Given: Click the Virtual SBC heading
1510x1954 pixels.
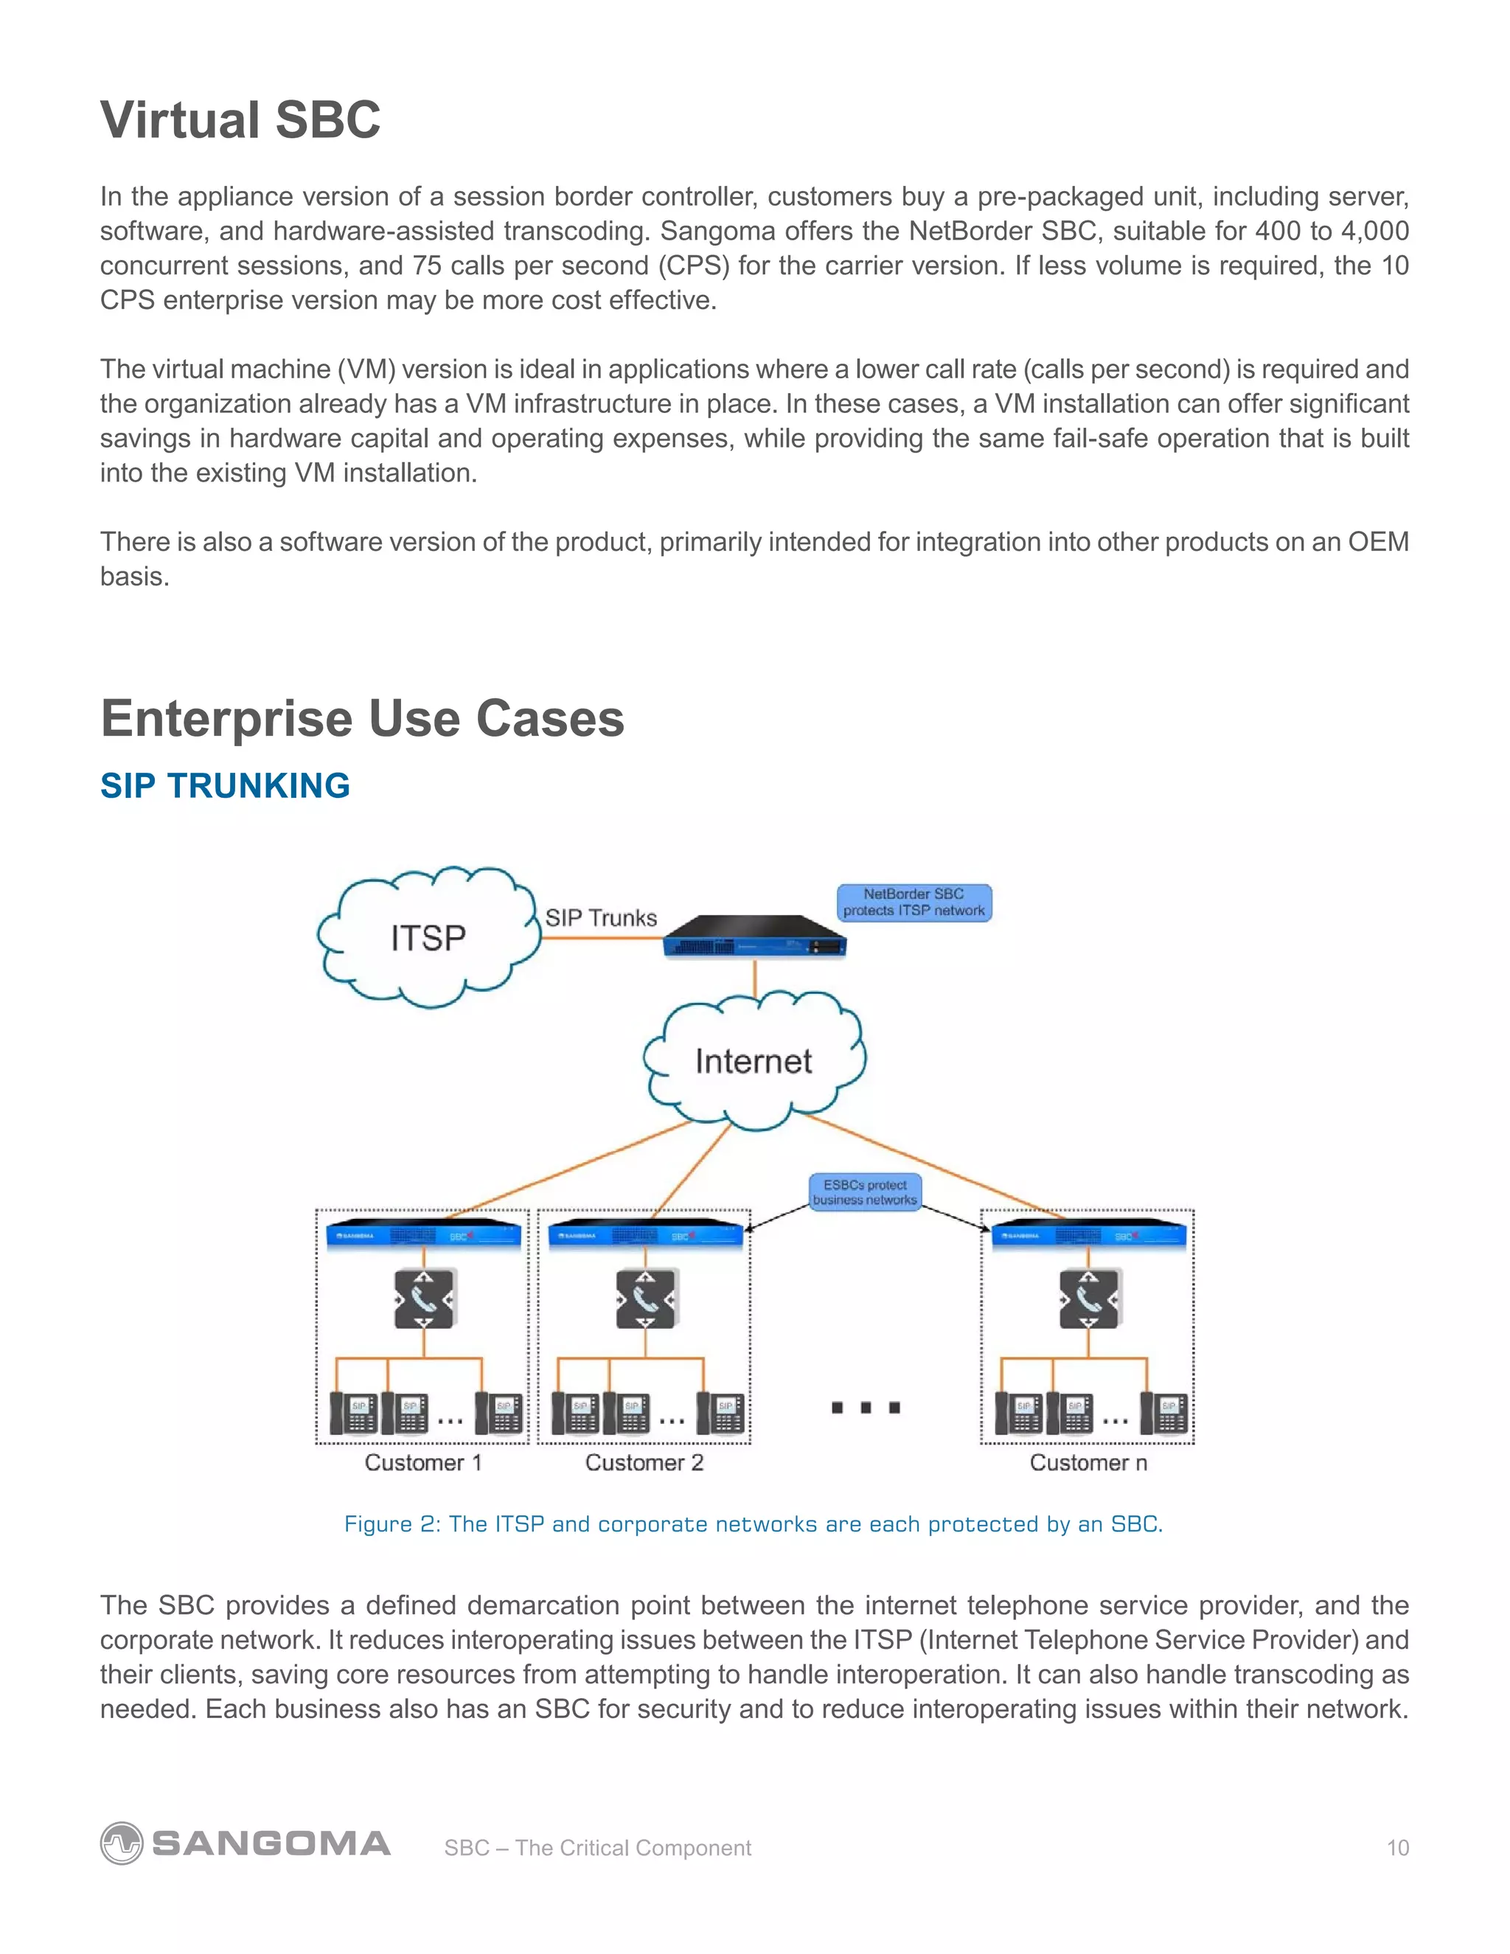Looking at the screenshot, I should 240,120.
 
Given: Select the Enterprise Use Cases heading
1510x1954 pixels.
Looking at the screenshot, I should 362,718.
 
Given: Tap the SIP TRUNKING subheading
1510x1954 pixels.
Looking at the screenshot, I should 225,785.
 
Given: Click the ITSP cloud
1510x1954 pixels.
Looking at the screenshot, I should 428,938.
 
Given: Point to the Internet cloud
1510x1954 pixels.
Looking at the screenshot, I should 754,1061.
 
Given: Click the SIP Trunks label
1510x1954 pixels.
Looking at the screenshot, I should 601,918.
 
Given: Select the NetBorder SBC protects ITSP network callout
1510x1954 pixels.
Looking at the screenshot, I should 914,902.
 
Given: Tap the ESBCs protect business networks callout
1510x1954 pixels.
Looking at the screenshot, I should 864,1192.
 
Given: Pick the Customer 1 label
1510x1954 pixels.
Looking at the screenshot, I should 423,1463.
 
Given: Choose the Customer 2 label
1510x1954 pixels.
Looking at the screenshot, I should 644,1463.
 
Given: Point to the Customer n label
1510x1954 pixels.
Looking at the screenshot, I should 1088,1463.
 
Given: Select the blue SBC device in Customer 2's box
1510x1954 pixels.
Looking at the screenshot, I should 645,1234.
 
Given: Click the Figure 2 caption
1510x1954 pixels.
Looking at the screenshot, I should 754,1523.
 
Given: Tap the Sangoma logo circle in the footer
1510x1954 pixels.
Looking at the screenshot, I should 121,1843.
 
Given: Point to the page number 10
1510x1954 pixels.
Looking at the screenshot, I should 1397,1848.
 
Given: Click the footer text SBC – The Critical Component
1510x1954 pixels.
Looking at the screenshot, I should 597,1848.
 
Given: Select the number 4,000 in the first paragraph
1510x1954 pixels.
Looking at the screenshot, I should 1374,231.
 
